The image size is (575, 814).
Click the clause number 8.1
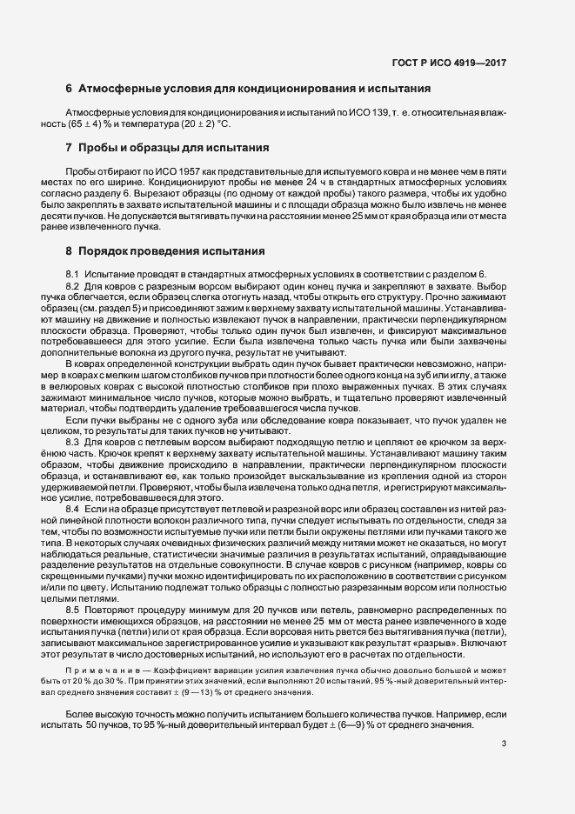[73, 274]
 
